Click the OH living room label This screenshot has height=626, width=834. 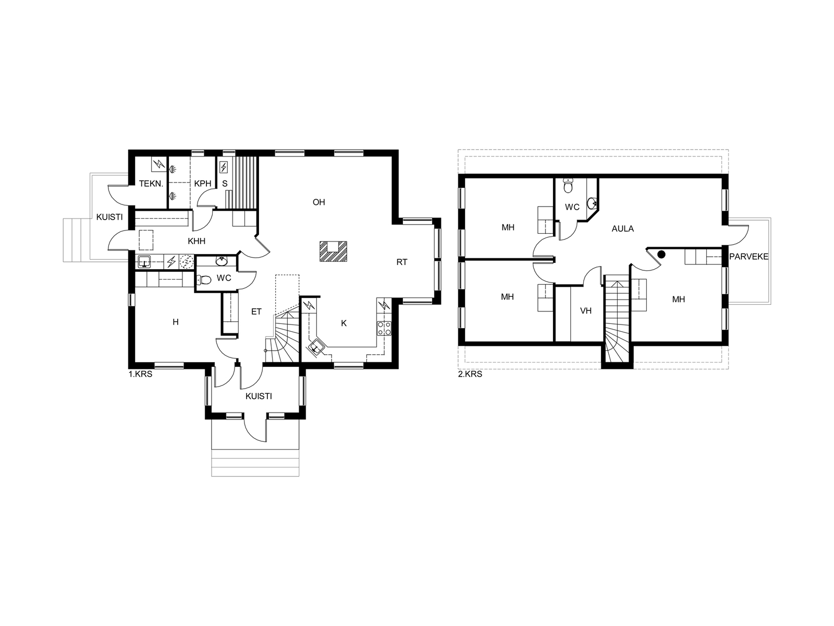click(x=319, y=202)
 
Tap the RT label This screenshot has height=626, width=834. click(x=401, y=262)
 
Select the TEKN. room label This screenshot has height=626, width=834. click(x=151, y=184)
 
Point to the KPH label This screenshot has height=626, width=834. click(x=203, y=184)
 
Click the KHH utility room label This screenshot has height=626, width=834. click(x=197, y=241)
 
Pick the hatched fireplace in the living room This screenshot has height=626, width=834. click(x=333, y=251)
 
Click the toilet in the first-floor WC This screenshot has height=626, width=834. click(x=204, y=280)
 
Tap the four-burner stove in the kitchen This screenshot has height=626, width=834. click(x=384, y=329)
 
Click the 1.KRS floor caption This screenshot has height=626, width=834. click(x=140, y=374)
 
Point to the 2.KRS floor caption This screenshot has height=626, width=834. click(x=470, y=374)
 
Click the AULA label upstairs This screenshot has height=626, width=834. click(x=623, y=229)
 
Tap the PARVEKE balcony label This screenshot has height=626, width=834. click(x=749, y=257)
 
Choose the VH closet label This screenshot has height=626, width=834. click(x=586, y=311)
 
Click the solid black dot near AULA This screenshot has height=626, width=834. click(x=661, y=255)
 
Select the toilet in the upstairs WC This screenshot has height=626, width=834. click(x=568, y=186)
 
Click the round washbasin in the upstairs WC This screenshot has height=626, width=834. click(x=592, y=203)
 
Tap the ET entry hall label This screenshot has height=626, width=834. click(x=256, y=311)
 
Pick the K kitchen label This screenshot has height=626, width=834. click(x=344, y=323)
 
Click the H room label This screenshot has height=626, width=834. click(x=176, y=322)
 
